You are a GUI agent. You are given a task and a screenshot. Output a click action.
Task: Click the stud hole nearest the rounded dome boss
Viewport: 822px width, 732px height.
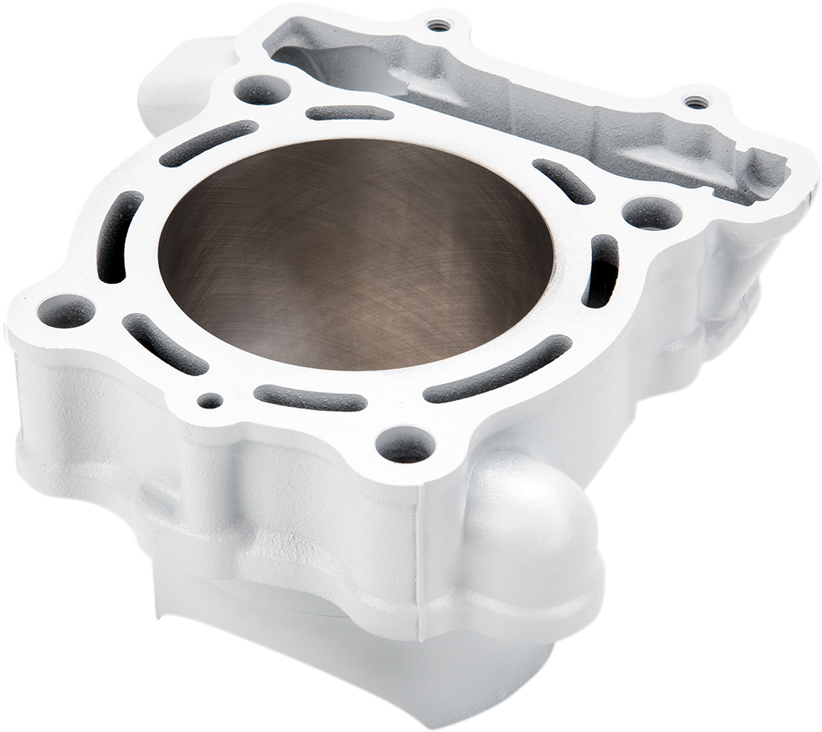click(405, 445)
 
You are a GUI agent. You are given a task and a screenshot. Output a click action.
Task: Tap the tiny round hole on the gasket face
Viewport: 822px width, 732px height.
click(209, 400)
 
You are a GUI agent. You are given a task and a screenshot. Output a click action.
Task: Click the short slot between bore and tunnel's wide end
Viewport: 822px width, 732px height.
click(350, 113)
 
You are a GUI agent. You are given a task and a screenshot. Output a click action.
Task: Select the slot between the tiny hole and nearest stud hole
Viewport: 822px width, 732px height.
click(310, 397)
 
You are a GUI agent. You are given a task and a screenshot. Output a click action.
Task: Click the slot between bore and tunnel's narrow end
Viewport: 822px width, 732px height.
click(562, 181)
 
